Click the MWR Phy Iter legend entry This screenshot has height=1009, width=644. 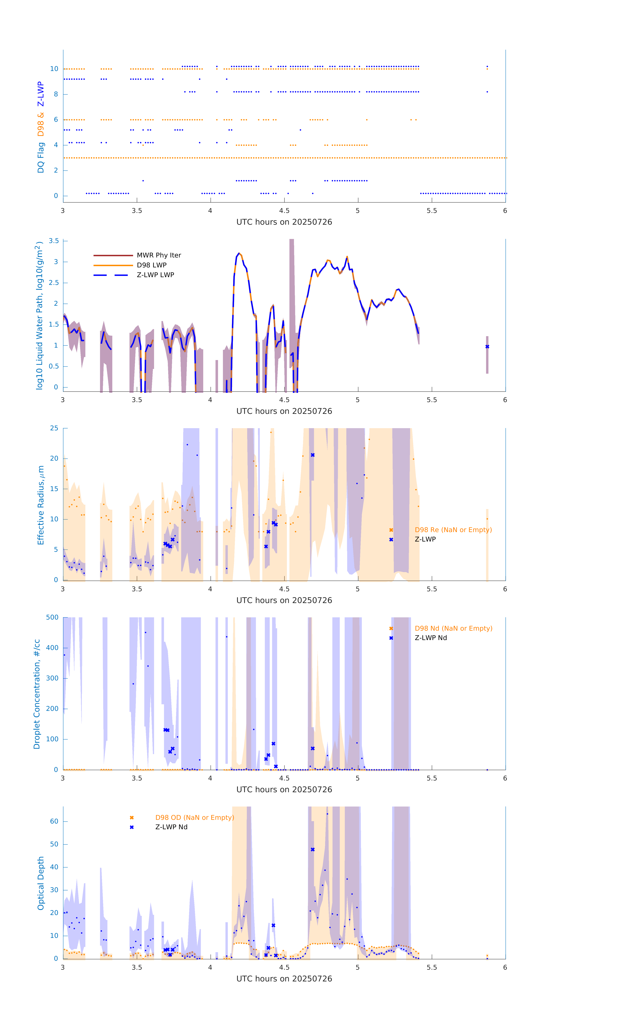click(x=159, y=255)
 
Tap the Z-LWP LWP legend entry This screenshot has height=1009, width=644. click(x=155, y=275)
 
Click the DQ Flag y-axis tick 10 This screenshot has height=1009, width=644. click(x=54, y=69)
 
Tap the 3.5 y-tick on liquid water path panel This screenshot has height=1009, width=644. click(x=54, y=241)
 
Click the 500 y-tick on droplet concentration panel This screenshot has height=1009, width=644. click(x=52, y=617)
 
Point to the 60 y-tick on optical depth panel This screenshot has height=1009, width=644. click(x=54, y=821)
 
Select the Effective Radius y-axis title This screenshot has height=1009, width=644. click(x=41, y=505)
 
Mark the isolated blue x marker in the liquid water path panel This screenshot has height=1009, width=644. click(x=487, y=347)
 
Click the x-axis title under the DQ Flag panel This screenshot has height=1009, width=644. click(x=284, y=222)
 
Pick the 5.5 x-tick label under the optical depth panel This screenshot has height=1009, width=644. click(x=432, y=967)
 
